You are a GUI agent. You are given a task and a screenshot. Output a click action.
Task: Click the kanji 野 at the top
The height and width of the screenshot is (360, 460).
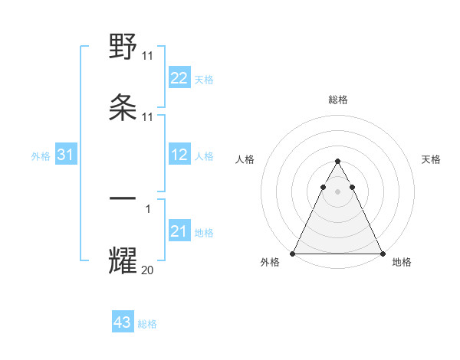coord(123,48)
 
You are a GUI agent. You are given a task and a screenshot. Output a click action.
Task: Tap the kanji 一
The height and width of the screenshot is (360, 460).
coord(123,198)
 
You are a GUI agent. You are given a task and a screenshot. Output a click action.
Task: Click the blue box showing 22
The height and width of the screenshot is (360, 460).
coord(179,78)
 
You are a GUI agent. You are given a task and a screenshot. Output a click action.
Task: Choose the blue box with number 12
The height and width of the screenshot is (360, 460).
coord(179,155)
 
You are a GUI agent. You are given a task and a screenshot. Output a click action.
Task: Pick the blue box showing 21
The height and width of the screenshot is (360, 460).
coord(179,231)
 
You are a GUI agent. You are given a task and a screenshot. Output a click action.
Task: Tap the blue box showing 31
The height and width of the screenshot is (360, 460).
coord(66,155)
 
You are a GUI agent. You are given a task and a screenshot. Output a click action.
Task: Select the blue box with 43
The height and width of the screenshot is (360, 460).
coord(123,322)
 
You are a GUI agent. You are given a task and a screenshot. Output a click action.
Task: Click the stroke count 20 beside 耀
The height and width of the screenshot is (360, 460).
coord(148,270)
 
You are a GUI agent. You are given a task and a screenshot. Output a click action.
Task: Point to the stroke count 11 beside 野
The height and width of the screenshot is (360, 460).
coord(148,57)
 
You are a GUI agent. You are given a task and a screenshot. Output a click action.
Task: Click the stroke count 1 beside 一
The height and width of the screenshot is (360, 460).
coord(148,208)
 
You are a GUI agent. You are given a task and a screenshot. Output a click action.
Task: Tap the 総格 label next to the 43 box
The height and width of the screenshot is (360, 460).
coord(147,324)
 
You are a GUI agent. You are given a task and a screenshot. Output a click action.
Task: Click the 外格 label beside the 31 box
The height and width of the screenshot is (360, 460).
coord(41,156)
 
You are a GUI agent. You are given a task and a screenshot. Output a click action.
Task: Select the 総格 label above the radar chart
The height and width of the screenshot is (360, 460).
coord(337,100)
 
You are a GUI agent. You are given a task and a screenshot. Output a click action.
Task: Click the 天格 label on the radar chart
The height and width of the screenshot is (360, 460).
coord(432,159)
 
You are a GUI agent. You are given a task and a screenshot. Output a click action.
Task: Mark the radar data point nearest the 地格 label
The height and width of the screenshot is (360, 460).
coord(383,254)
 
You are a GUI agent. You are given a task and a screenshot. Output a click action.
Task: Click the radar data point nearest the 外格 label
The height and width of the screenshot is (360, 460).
coord(293,254)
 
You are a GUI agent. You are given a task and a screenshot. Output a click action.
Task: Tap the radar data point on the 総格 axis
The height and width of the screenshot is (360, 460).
coord(337,162)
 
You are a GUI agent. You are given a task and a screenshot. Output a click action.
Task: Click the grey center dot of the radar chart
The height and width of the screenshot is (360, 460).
coord(337,191)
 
